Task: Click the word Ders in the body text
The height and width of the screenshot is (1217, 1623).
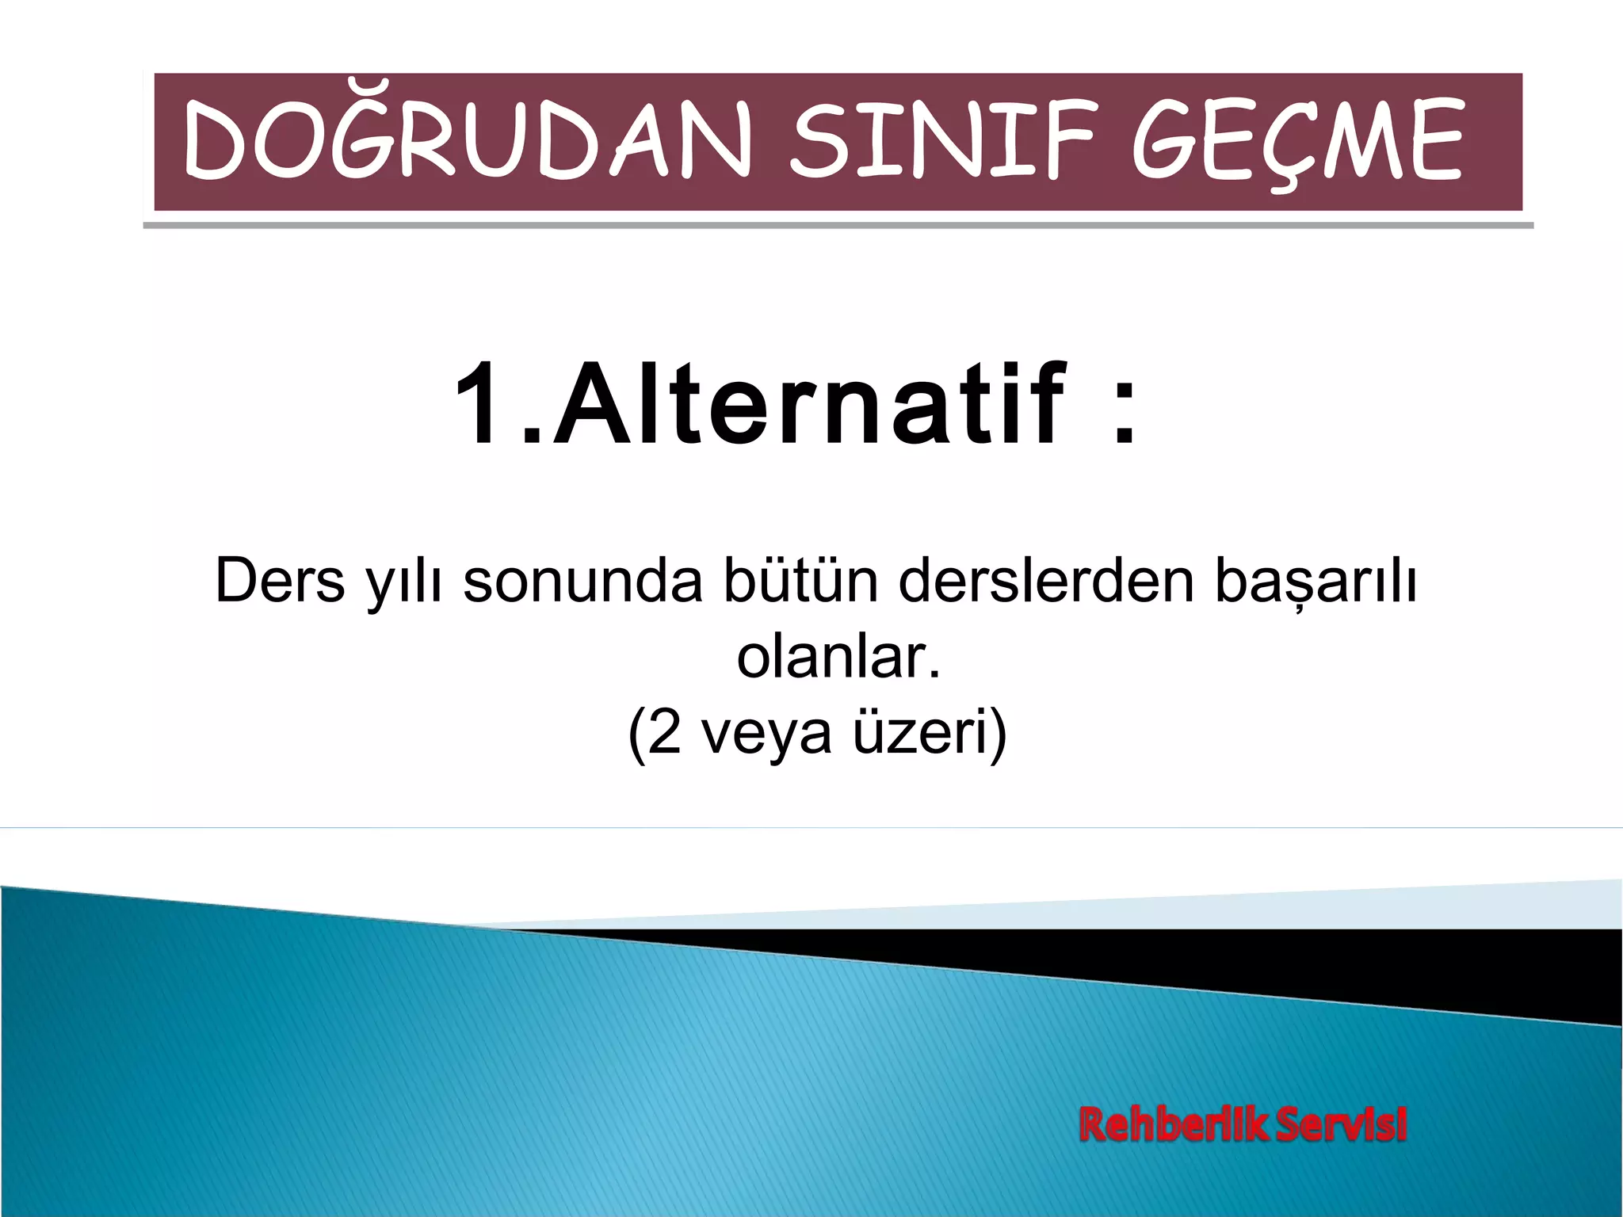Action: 280,581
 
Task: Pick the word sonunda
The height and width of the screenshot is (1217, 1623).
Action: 582,581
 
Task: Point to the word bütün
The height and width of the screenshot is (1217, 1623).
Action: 799,581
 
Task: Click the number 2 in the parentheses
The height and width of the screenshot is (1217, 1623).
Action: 664,732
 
